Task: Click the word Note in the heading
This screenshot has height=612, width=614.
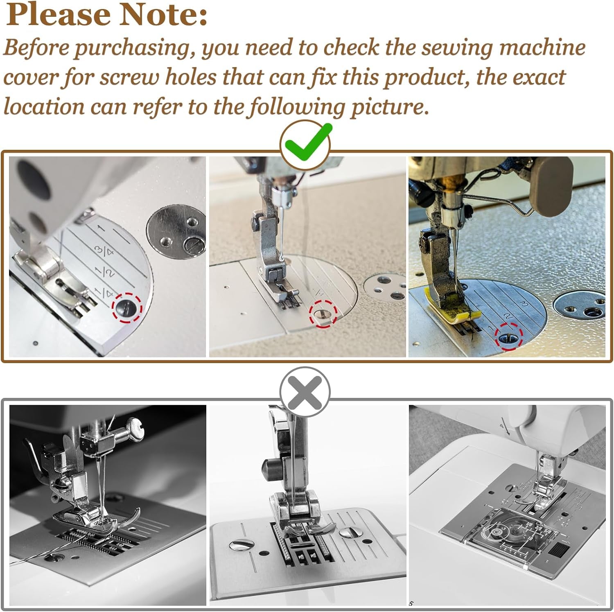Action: click(x=164, y=15)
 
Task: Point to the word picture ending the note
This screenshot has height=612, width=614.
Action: click(x=386, y=108)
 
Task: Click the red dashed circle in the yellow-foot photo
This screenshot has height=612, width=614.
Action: click(x=509, y=336)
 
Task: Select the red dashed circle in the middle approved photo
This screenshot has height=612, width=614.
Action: click(x=323, y=314)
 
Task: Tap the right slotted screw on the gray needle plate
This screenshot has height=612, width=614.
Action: click(x=348, y=532)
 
